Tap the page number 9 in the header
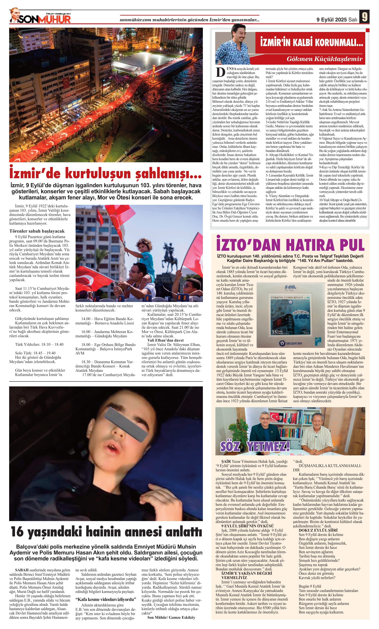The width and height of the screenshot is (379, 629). [x=364, y=17]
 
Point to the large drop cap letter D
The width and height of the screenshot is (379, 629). [x=220, y=72]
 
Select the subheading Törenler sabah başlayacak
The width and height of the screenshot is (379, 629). [x=37, y=231]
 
